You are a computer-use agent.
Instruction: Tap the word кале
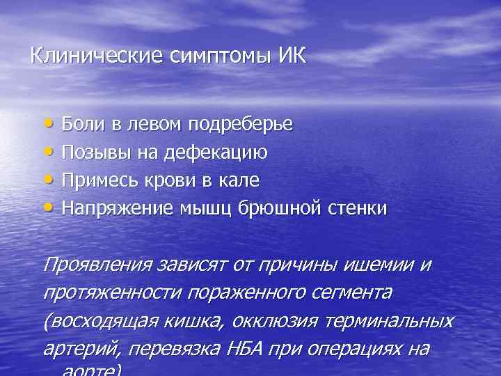tap(242, 180)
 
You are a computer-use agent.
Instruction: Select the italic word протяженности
tap(93, 293)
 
